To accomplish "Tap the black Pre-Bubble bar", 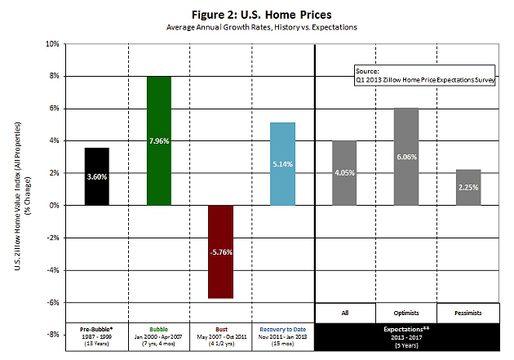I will click(x=98, y=176).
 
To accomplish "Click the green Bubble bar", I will click(x=159, y=140).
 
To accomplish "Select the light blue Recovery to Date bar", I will click(x=282, y=163).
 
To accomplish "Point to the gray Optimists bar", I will click(x=405, y=156).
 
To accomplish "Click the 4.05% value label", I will click(x=344, y=172).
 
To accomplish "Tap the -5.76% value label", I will click(x=221, y=252).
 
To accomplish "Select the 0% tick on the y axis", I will click(x=51, y=205).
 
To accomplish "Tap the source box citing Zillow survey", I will click(x=424, y=76).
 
